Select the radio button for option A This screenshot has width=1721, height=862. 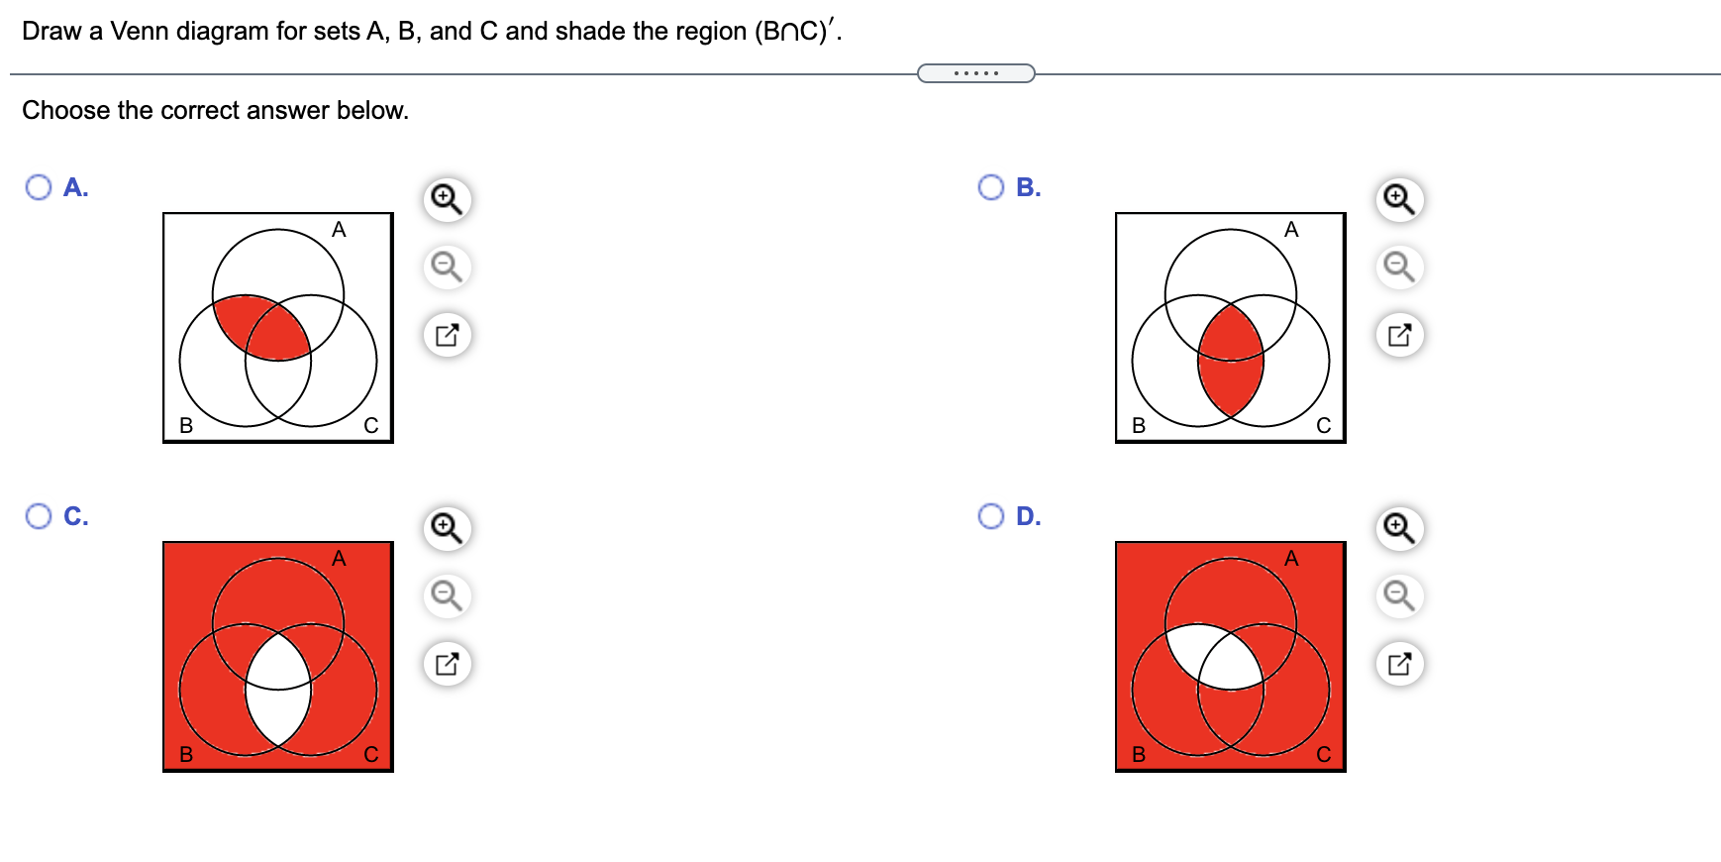39,187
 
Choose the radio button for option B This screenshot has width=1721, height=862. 991,187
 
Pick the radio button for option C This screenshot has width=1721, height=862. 39,516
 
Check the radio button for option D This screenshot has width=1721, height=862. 991,516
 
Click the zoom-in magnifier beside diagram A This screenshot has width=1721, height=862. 447,199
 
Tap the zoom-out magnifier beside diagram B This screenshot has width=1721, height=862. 1399,267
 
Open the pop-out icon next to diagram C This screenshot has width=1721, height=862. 447,663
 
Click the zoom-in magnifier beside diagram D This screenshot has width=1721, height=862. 1399,528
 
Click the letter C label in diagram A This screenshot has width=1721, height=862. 371,425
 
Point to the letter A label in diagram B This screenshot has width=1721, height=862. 1291,230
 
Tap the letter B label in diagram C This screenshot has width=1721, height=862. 186,754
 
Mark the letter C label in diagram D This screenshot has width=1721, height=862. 1324,754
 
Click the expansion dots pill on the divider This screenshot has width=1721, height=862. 976,73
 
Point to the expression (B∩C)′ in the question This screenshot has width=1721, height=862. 796,32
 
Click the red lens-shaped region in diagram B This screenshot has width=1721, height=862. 1231,361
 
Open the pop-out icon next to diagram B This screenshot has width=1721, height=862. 1399,334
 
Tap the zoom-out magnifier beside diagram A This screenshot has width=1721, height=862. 447,267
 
